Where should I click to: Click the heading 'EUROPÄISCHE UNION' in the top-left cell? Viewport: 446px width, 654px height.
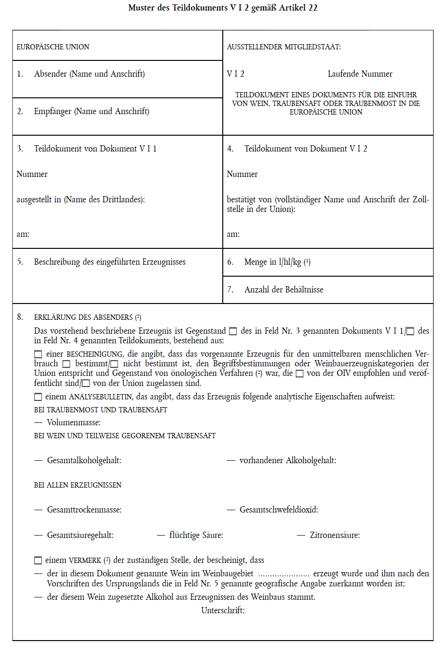point(53,47)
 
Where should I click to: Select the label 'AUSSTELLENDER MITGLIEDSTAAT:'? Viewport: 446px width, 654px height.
point(284,47)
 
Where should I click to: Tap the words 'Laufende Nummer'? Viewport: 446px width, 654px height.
point(360,74)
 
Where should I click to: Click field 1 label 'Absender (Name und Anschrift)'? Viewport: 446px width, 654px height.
point(89,74)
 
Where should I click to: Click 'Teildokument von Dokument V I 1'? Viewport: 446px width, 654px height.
point(95,149)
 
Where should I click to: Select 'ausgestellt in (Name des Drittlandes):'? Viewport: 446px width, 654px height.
point(80,199)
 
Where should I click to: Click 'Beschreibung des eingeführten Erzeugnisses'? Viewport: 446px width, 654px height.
point(109,262)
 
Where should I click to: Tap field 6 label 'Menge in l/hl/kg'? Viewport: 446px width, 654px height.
point(273,262)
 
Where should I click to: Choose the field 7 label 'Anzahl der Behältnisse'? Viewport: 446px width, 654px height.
point(284,290)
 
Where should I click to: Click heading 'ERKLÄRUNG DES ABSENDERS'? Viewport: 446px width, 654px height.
point(83,317)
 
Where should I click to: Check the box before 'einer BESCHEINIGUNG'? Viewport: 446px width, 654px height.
point(38,354)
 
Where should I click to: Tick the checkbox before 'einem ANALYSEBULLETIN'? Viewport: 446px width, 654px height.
point(38,397)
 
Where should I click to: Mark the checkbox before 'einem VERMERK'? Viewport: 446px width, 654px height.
point(38,561)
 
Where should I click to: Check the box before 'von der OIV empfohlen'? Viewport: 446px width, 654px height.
point(299,374)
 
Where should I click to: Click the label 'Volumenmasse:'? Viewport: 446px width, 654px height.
point(74,422)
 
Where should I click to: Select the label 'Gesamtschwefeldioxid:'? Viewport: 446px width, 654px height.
point(279,510)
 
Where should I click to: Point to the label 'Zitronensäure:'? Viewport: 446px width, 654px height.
point(335,535)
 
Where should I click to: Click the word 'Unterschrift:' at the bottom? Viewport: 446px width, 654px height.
point(223,610)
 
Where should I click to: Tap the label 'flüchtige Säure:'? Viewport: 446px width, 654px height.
point(196,535)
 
